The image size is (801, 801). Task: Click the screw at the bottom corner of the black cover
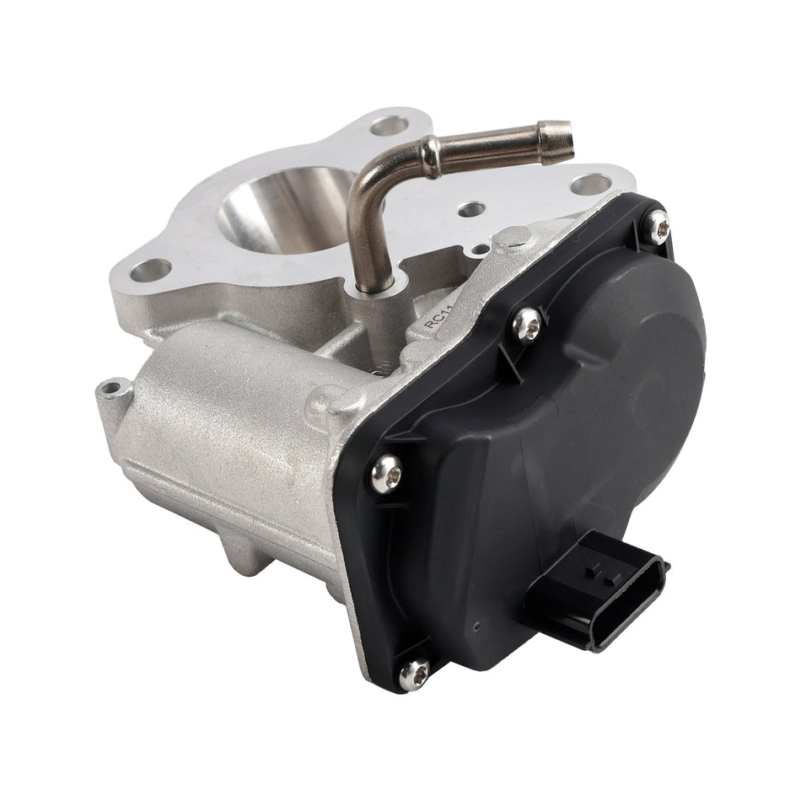pos(413,671)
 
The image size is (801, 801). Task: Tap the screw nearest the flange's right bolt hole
pos(657,226)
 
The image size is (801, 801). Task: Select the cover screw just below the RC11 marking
pos(527,324)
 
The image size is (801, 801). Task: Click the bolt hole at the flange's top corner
pos(389,126)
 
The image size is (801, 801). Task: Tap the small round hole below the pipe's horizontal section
pos(471,208)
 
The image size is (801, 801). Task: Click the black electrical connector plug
pos(594,590)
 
